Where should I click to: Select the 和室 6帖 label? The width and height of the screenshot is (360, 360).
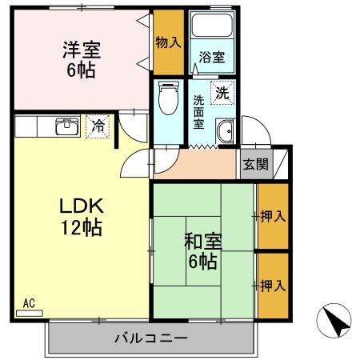(x=202, y=250)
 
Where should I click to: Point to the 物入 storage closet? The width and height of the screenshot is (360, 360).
(x=167, y=42)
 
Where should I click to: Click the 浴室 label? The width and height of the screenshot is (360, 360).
(x=211, y=58)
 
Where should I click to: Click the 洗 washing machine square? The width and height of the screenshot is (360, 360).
(x=222, y=92)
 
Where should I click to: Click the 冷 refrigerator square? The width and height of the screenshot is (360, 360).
(x=97, y=126)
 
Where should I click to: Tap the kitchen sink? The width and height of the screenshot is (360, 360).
(x=65, y=126)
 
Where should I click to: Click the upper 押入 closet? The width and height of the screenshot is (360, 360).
(x=271, y=215)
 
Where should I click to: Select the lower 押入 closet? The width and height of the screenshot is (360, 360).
(x=271, y=285)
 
